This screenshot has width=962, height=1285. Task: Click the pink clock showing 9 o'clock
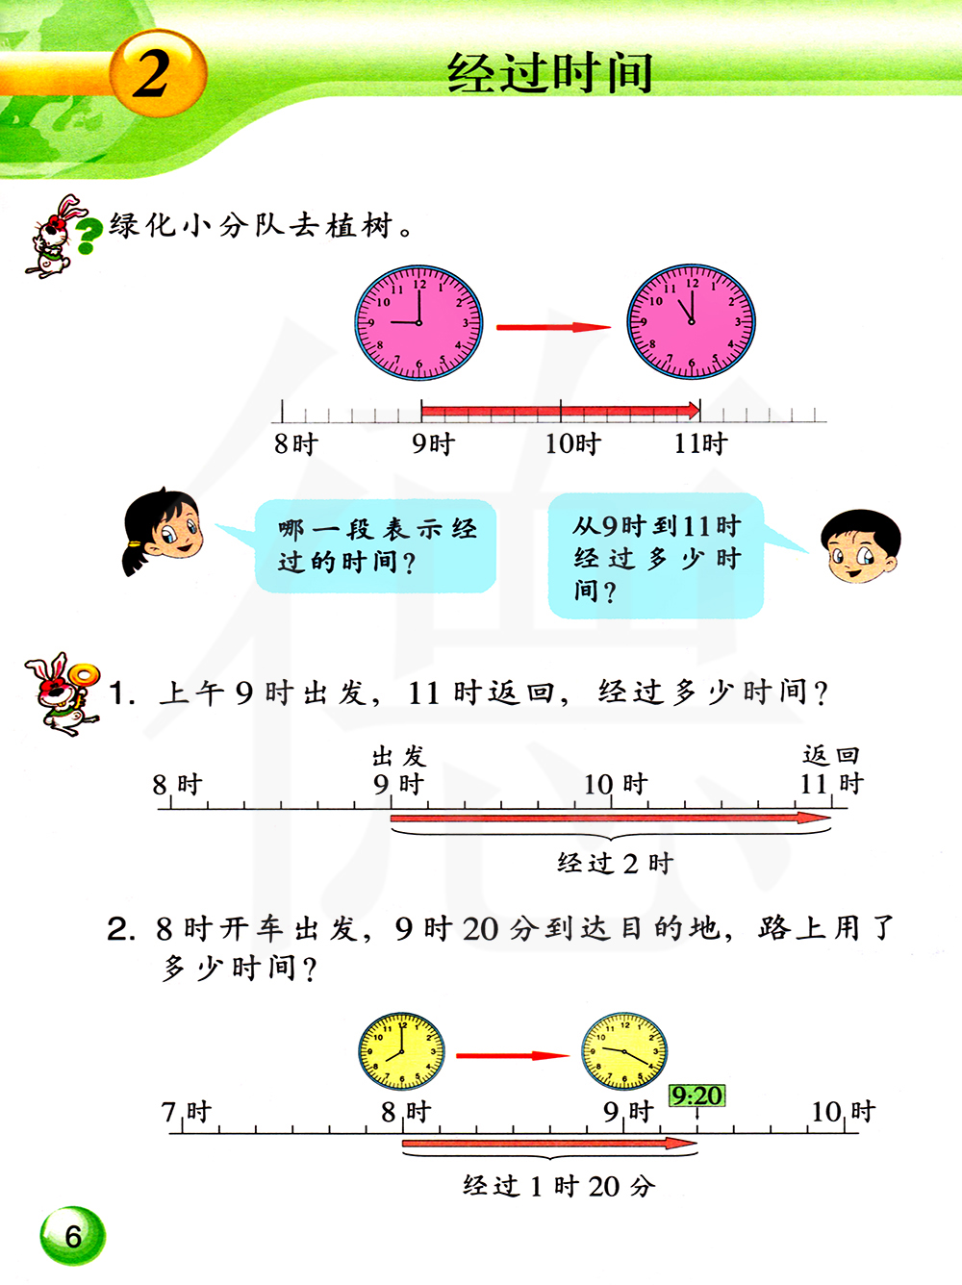tap(418, 322)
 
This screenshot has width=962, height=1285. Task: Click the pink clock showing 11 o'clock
tap(691, 321)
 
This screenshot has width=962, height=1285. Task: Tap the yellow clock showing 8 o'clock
tap(402, 1051)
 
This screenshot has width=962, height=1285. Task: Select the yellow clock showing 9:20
tap(624, 1051)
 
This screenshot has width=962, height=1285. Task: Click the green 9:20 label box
tap(696, 1096)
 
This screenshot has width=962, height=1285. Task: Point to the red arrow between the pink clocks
tap(553, 327)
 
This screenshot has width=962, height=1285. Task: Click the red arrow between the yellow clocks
tap(513, 1056)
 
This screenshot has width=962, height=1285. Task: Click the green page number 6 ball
tap(72, 1236)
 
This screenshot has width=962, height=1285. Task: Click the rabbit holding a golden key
tap(62, 693)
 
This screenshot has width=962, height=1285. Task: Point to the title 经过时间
tap(550, 73)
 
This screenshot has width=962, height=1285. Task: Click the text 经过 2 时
tap(615, 864)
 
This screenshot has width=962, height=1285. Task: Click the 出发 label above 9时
tap(399, 757)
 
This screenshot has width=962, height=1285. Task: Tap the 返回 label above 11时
tap(830, 755)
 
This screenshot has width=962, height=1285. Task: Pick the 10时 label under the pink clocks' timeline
tap(572, 444)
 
